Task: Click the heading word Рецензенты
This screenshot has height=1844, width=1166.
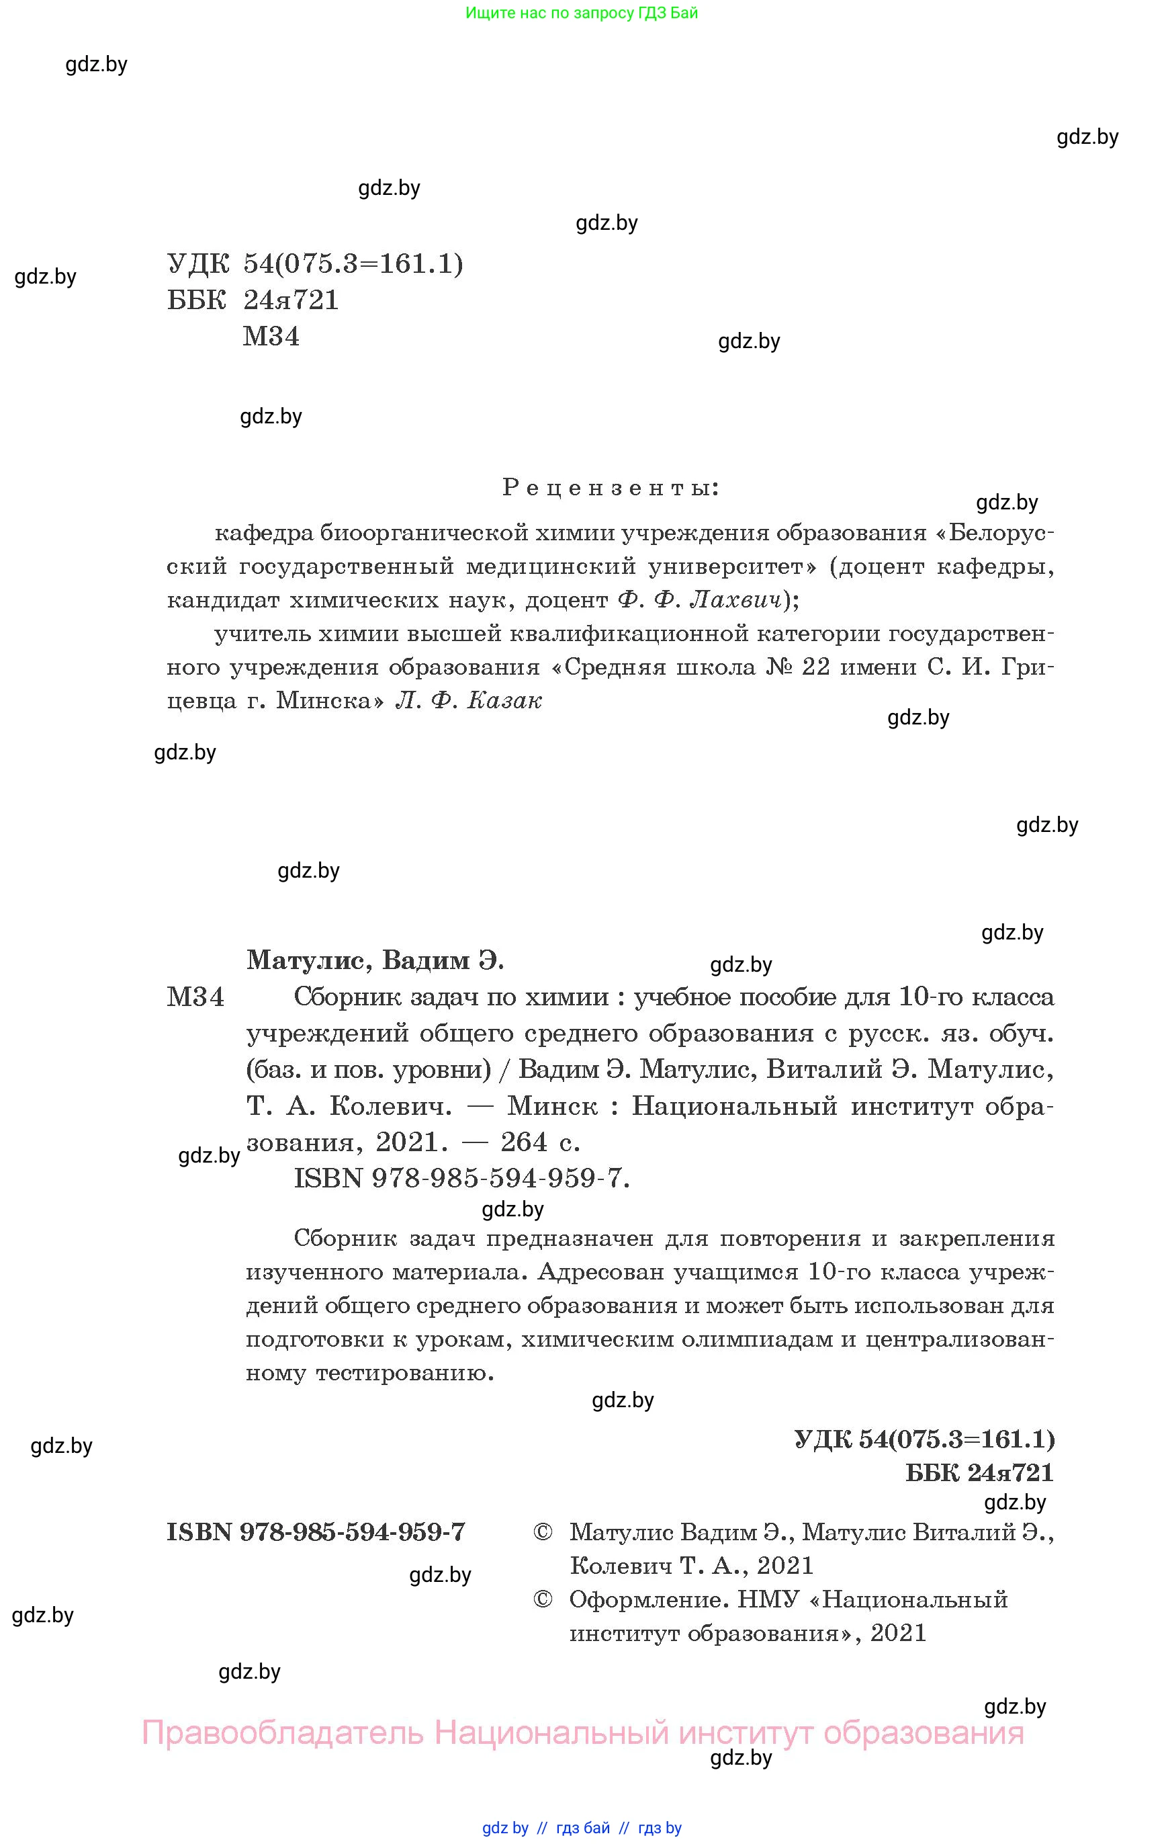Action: point(610,488)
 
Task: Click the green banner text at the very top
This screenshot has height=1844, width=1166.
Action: point(582,13)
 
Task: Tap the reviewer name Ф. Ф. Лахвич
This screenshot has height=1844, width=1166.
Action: point(700,600)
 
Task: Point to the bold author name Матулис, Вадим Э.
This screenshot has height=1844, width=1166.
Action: point(375,960)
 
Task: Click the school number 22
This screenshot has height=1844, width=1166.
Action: point(815,667)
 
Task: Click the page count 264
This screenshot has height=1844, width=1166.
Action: point(525,1142)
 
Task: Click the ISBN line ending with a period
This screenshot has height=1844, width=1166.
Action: point(461,1178)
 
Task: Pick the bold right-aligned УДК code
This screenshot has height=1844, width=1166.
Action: point(924,1439)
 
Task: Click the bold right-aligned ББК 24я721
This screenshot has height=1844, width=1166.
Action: point(979,1472)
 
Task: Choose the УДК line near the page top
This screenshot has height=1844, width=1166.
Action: point(314,264)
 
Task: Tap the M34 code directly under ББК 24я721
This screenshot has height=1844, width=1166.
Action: point(271,336)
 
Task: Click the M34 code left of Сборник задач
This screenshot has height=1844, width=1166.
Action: point(195,997)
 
